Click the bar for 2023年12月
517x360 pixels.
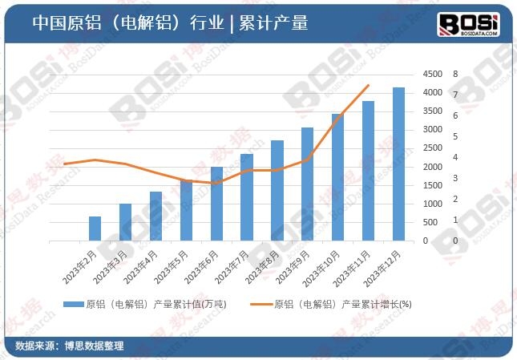coord(398,164)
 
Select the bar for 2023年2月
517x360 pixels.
coord(95,229)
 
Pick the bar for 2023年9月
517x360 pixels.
coord(307,184)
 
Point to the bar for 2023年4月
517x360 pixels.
coord(156,216)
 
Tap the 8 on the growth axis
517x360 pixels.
coord(454,74)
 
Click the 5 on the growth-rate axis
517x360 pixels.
coord(454,136)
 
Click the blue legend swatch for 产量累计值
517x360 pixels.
coord(72,305)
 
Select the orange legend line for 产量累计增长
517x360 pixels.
coord(260,305)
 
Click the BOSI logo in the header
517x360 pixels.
coord(469,24)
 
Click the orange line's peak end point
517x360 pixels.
coord(368,86)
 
